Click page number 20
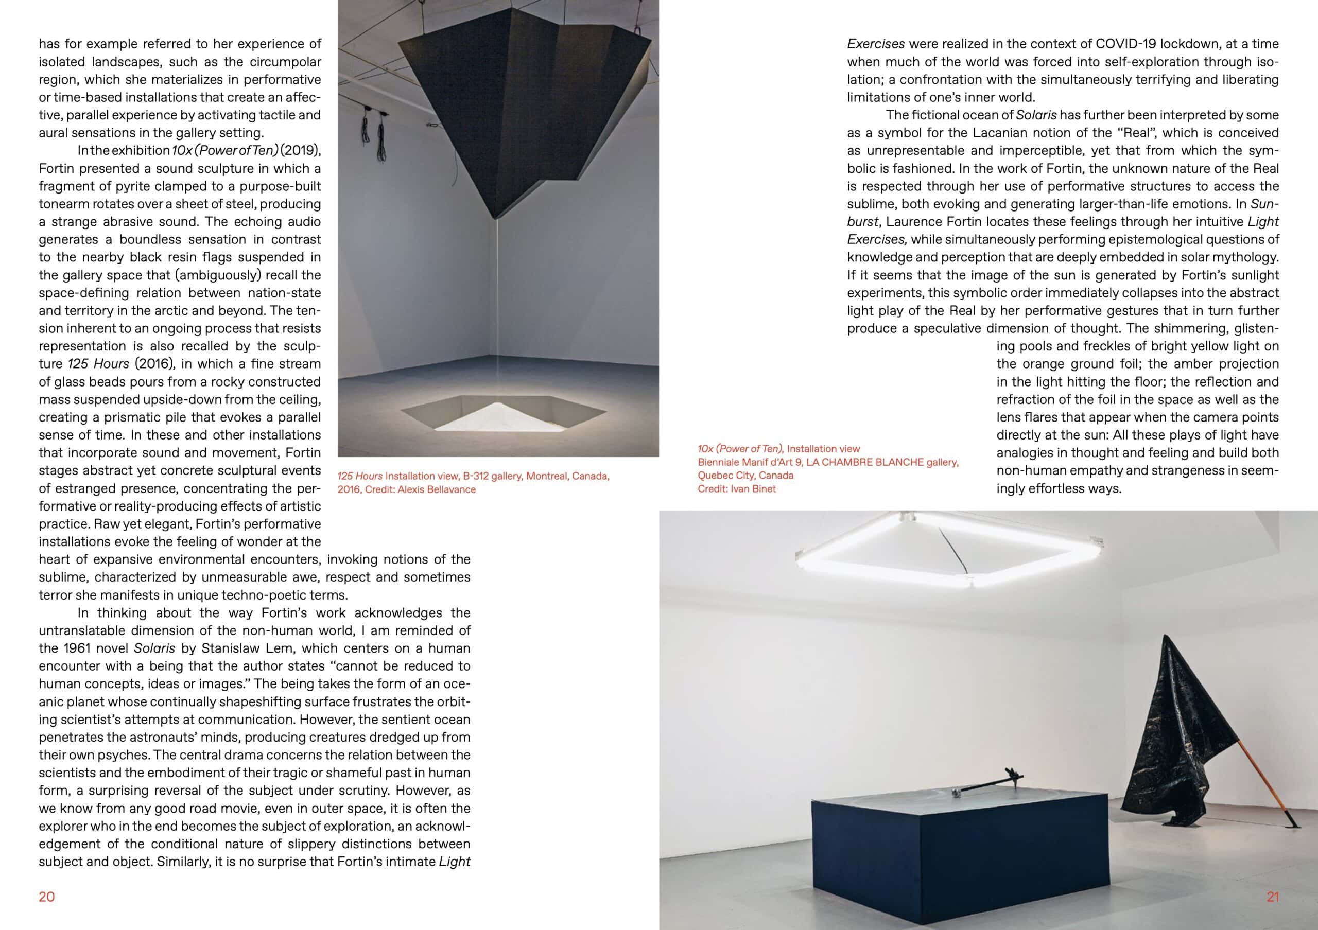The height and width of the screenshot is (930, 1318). click(46, 897)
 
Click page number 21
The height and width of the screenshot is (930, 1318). click(1273, 897)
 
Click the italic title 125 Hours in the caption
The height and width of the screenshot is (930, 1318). click(359, 476)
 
